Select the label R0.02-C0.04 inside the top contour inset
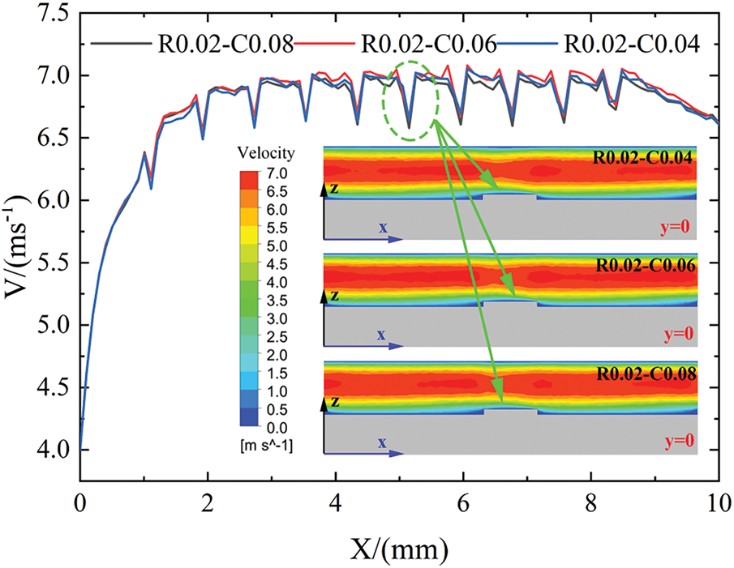click(x=644, y=159)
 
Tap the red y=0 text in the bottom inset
click(x=679, y=441)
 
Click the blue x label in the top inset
click(x=381, y=228)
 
